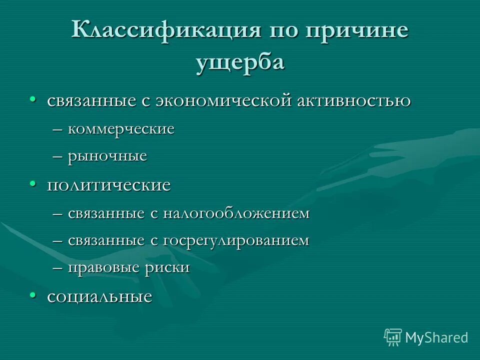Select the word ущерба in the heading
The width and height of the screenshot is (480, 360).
point(239,63)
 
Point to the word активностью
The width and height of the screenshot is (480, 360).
point(354,100)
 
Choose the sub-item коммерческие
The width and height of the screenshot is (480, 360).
point(121,129)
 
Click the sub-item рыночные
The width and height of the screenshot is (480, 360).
point(107,156)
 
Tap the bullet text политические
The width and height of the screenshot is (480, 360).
point(109,185)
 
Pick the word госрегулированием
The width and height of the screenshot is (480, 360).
point(235,240)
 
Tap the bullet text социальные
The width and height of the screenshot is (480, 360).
point(99,296)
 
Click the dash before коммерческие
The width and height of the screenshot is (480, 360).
point(58,129)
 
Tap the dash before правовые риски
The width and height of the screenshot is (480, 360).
point(58,268)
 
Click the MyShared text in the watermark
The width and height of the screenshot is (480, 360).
point(436,337)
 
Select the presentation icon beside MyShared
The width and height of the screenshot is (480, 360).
point(393,337)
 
